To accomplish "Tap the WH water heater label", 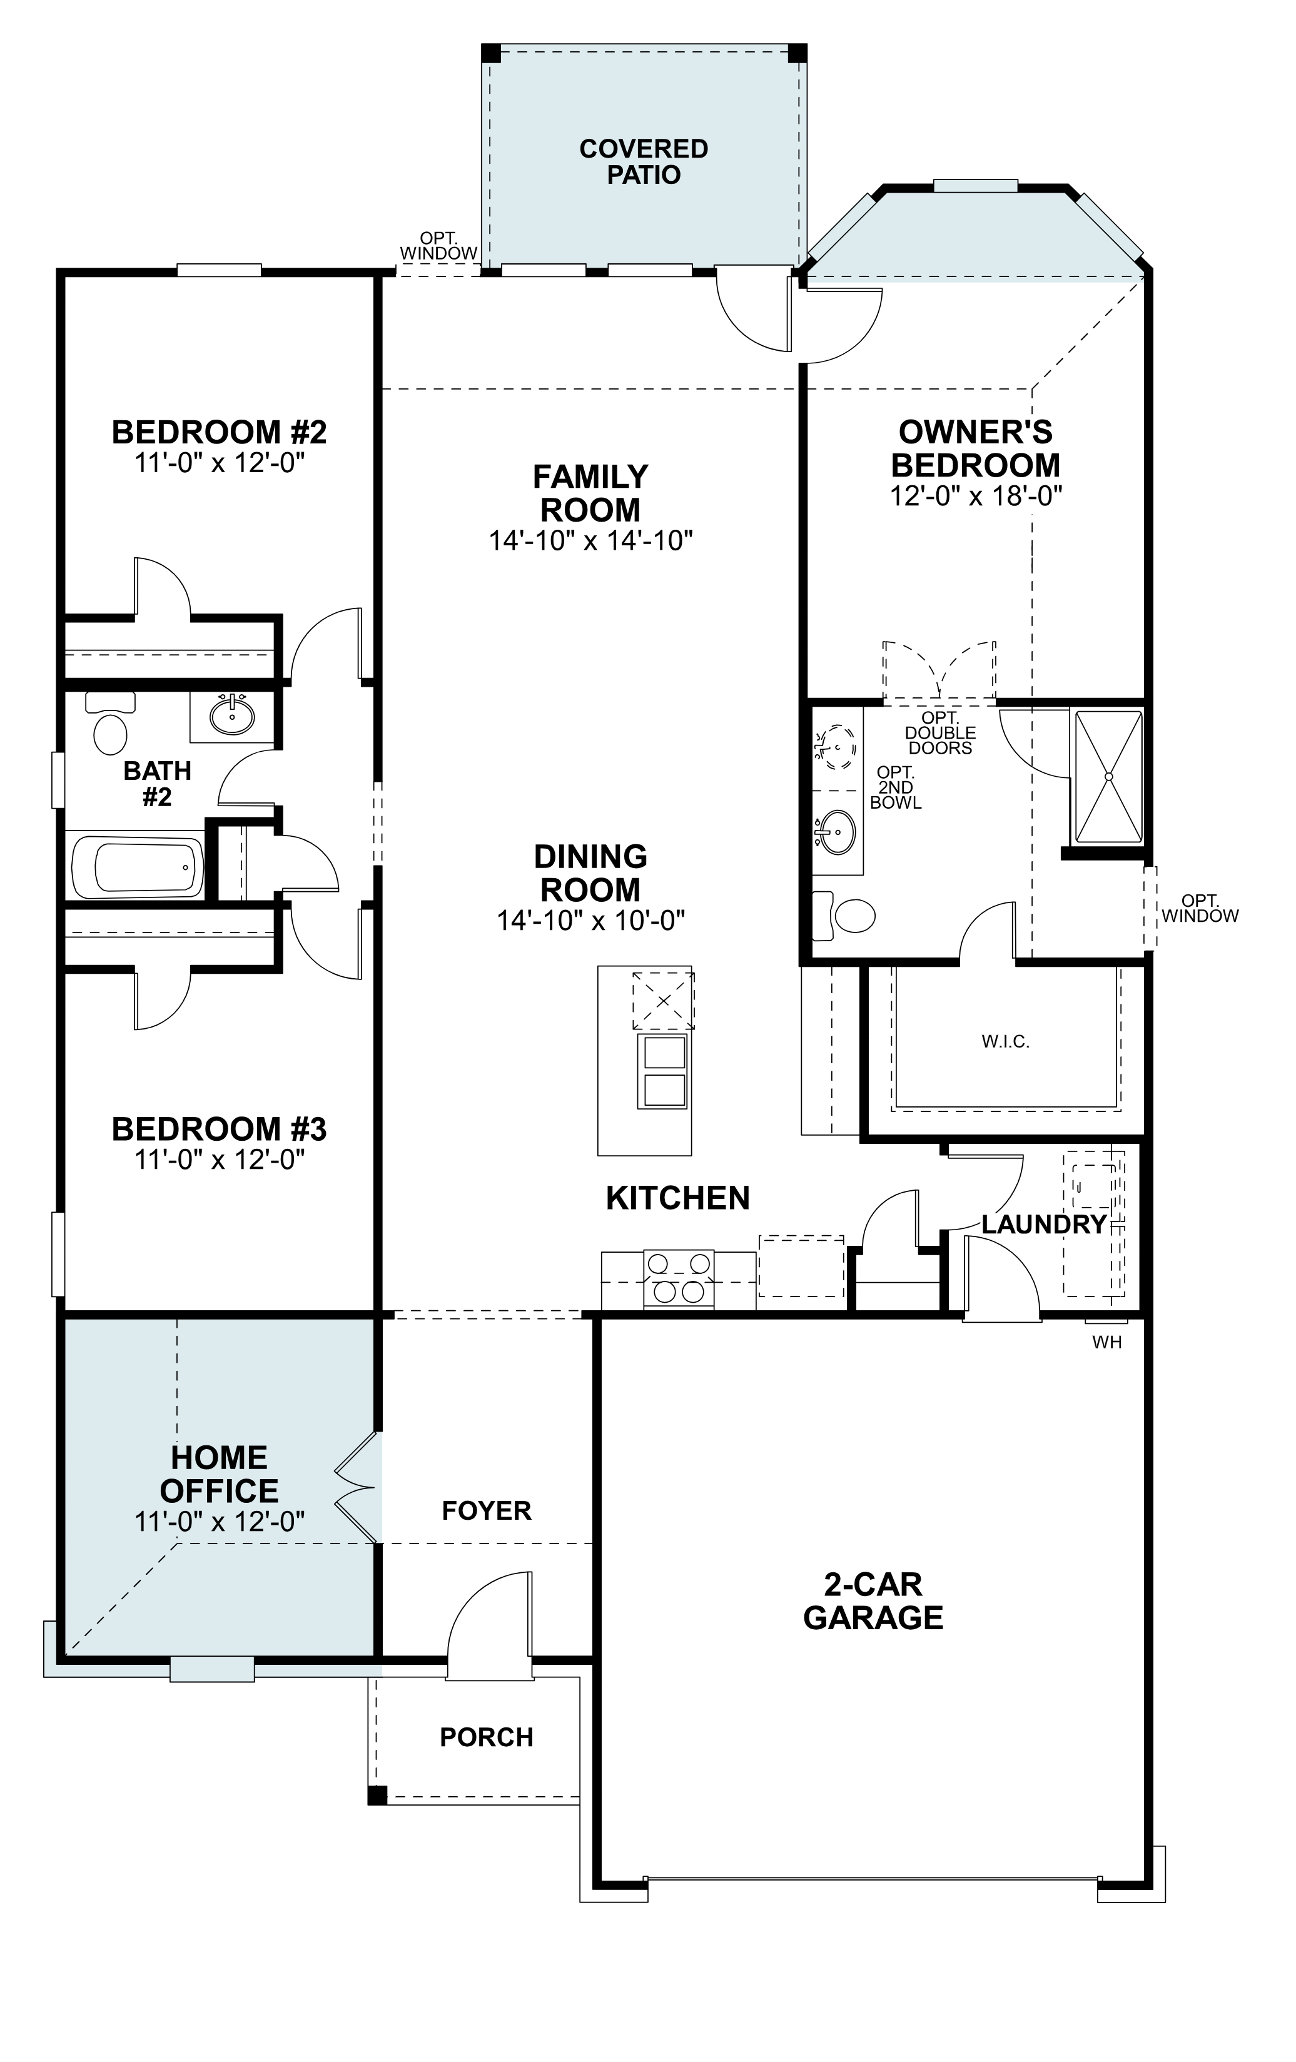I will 1106,1343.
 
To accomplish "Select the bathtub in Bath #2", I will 138,867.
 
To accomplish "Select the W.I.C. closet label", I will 1006,1042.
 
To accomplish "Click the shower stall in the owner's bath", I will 1109,776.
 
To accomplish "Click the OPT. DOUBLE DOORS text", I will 939,733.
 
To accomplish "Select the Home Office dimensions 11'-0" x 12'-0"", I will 220,1522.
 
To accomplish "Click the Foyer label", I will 487,1510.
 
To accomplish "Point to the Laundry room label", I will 1043,1225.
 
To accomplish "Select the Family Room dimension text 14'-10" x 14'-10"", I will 590,540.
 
